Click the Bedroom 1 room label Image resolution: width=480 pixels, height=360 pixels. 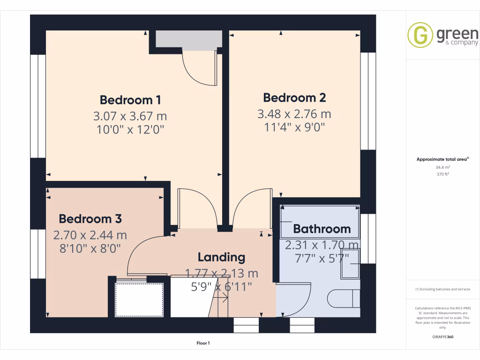130,100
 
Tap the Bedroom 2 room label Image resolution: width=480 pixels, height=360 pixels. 294,98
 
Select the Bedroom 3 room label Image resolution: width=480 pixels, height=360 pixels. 90,219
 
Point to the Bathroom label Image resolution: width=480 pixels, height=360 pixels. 322,229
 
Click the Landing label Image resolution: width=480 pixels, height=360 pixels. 221,257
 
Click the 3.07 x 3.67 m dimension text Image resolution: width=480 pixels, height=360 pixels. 130,115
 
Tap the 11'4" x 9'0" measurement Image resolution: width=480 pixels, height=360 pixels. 294,127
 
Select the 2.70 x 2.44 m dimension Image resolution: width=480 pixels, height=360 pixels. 90,235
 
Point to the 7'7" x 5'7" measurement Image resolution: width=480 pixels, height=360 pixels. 322,258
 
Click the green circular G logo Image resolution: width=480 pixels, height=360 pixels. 420,35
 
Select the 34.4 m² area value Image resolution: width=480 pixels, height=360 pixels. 443,167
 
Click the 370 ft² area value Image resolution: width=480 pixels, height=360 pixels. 443,174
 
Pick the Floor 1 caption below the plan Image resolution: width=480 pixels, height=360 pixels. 203,343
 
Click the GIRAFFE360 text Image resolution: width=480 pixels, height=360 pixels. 443,337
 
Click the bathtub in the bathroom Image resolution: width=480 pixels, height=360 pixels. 320,222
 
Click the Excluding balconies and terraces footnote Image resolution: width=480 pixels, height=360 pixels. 443,289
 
